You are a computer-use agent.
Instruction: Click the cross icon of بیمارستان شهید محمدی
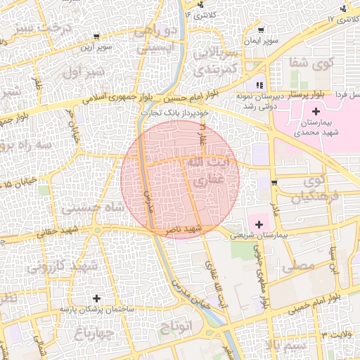316,111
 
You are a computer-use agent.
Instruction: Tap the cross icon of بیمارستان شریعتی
259,224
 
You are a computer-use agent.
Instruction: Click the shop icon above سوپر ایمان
262,30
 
